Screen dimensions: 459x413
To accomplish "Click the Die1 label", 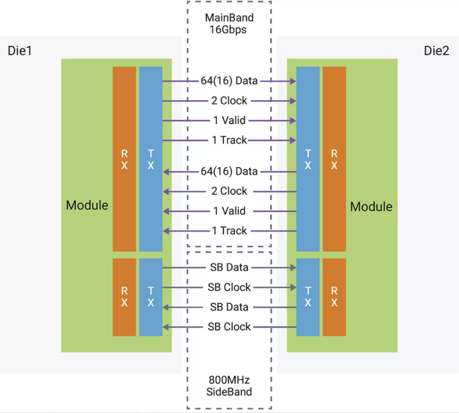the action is [20, 51].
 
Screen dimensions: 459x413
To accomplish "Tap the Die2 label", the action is [436, 51].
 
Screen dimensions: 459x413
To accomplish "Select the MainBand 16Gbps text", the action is [229, 23].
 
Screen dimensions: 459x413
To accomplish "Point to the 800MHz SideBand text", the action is [229, 386].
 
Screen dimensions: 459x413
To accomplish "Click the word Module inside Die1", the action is [87, 205].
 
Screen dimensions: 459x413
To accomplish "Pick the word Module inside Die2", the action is [371, 207].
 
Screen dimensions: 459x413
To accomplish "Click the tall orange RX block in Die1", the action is [125, 159].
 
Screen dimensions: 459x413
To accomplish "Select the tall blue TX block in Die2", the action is [308, 159].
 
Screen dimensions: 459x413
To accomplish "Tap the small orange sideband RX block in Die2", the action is [334, 297].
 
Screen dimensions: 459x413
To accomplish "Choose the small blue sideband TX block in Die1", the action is [151, 297].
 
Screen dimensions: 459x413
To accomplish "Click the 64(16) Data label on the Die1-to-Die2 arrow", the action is [229, 80].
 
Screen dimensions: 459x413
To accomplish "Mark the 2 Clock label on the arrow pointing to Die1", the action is [229, 191].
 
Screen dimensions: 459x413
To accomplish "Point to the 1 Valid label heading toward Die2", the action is [229, 120].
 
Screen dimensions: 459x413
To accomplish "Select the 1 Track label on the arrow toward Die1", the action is [229, 231].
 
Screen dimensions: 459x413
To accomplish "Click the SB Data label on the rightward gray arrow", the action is [229, 267].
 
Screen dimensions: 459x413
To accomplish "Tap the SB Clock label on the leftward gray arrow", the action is [229, 327].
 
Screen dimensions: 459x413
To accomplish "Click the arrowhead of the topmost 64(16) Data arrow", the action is [293, 81].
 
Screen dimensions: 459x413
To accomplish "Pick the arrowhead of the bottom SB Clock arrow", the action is [166, 327].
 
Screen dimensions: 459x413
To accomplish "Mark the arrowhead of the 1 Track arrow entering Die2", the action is [293, 140].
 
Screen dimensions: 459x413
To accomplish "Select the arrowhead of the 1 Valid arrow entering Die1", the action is [166, 211].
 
